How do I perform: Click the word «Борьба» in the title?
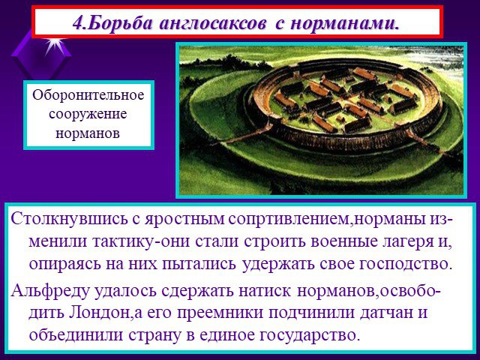coord(121,22)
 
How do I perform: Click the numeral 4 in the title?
coord(78,23)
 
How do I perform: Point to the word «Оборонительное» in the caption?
coord(88,95)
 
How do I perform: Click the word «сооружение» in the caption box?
coord(88,115)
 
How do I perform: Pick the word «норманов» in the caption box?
coord(88,133)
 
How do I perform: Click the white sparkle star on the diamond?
coord(55,44)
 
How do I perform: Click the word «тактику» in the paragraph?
coord(123,241)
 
